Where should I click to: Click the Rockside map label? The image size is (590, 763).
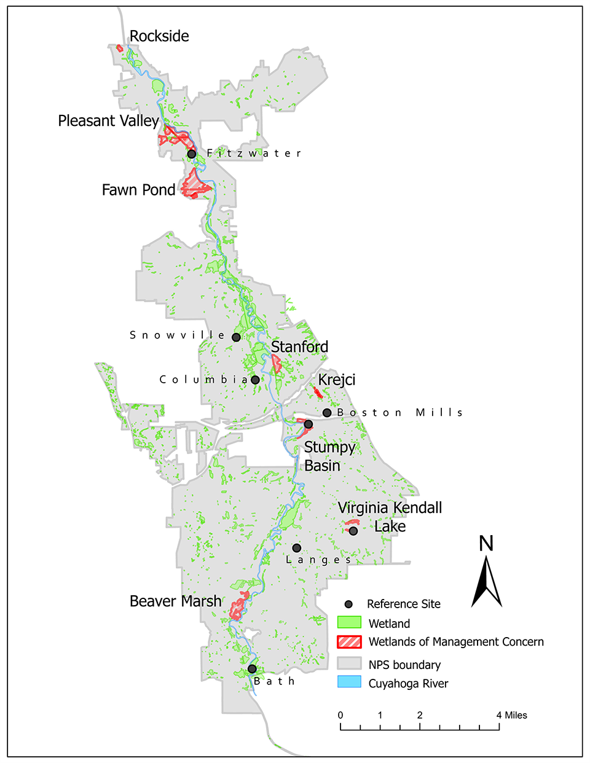coord(159,36)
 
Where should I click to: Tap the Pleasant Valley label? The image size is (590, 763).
coord(108,121)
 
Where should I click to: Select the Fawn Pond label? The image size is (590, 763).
coord(138,190)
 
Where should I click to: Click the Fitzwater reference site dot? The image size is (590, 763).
coord(192,154)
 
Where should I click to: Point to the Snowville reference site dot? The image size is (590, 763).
coord(236,337)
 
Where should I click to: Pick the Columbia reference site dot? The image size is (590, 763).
coord(255,380)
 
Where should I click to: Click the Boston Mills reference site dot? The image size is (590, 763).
coord(327,413)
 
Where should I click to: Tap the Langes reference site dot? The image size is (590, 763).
coord(296,548)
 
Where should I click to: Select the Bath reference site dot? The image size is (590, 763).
coord(252,669)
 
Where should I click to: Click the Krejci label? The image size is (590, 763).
coord(337,380)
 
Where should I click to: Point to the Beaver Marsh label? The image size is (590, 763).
coord(175,601)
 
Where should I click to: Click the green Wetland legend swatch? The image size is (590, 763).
coord(349,623)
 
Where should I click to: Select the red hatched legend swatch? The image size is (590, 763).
coord(349,642)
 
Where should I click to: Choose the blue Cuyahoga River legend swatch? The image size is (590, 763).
coord(349,683)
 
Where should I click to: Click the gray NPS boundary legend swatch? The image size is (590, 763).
coord(349,664)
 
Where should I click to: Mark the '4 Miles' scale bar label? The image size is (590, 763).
coord(512,715)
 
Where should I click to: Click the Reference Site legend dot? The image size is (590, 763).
coord(348,604)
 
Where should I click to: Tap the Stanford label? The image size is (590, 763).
coord(299,347)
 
